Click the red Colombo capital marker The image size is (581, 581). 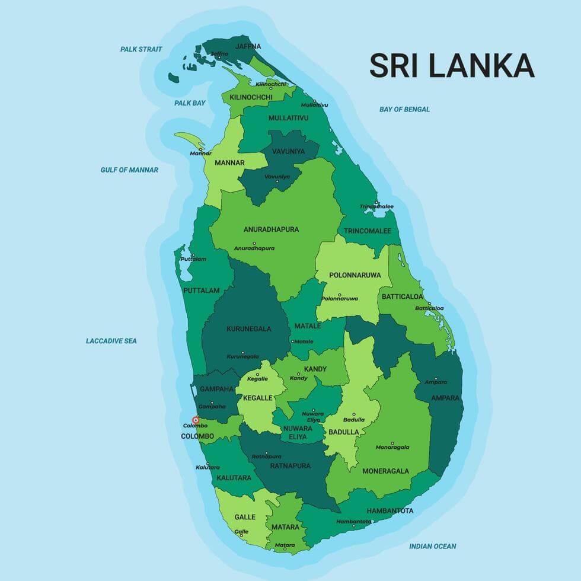(196, 420)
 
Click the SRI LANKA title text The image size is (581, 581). (452, 66)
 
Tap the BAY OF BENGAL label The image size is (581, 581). (404, 109)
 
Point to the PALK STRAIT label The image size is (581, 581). (141, 49)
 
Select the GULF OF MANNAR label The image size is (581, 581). (129, 170)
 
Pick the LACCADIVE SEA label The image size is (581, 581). (111, 341)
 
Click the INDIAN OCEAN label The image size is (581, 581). (432, 546)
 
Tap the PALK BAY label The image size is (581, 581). (190, 103)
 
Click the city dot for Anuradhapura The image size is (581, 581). (254, 243)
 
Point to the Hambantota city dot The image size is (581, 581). (353, 526)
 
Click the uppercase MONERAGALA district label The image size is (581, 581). (385, 471)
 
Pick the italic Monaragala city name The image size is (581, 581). (392, 446)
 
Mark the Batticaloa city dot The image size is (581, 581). (429, 303)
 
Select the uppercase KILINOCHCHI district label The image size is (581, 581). (251, 97)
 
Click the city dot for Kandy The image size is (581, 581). (299, 373)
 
